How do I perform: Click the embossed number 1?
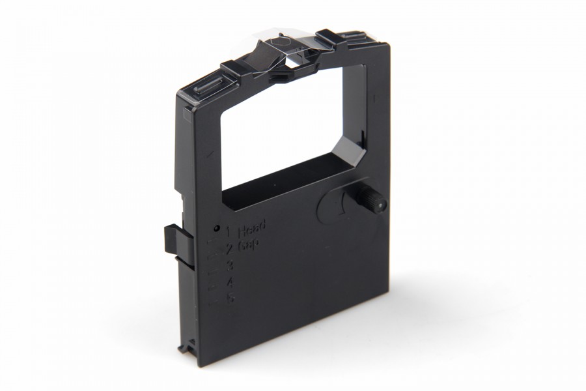(x=228, y=231)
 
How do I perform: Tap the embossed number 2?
(x=229, y=248)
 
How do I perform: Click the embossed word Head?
(x=252, y=229)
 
